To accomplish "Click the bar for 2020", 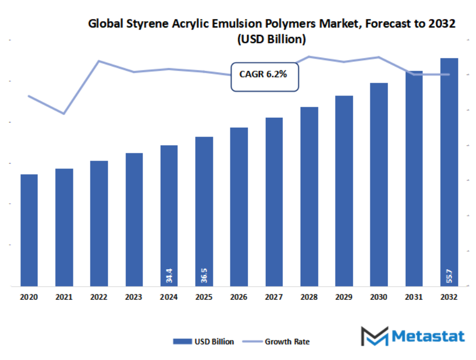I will [29, 230].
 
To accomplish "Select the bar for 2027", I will [274, 202].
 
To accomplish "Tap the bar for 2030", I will [379, 185].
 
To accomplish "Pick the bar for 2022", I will [99, 224].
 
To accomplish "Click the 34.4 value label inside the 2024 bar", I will [169, 275].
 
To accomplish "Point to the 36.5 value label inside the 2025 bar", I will [204, 275].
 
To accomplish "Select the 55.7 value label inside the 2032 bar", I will [449, 276].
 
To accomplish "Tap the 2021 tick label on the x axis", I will [64, 297].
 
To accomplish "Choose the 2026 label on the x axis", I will [239, 297].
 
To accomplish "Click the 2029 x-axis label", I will [344, 297].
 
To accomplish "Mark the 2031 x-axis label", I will [414, 297].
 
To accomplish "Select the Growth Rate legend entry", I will [276, 342].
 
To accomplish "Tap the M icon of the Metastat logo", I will [374, 336].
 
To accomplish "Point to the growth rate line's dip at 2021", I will [64, 113].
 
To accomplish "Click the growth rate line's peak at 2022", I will [99, 61].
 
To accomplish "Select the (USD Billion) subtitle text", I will [271, 39].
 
